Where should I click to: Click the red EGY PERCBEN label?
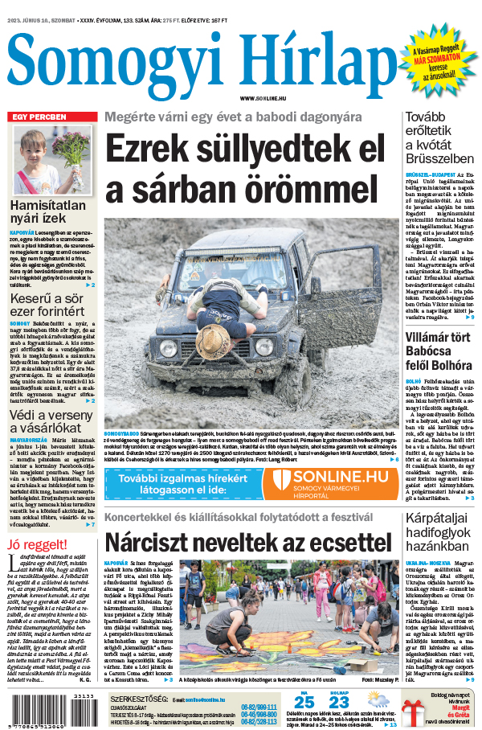point(38,117)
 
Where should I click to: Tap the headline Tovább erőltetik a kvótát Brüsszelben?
point(441,139)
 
